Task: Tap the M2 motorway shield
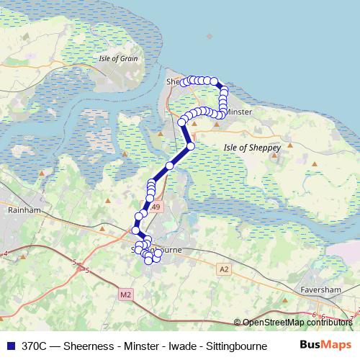coord(126,294)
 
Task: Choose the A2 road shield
coord(225,268)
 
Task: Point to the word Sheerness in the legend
coord(89,346)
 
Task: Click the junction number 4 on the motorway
coord(6,253)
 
